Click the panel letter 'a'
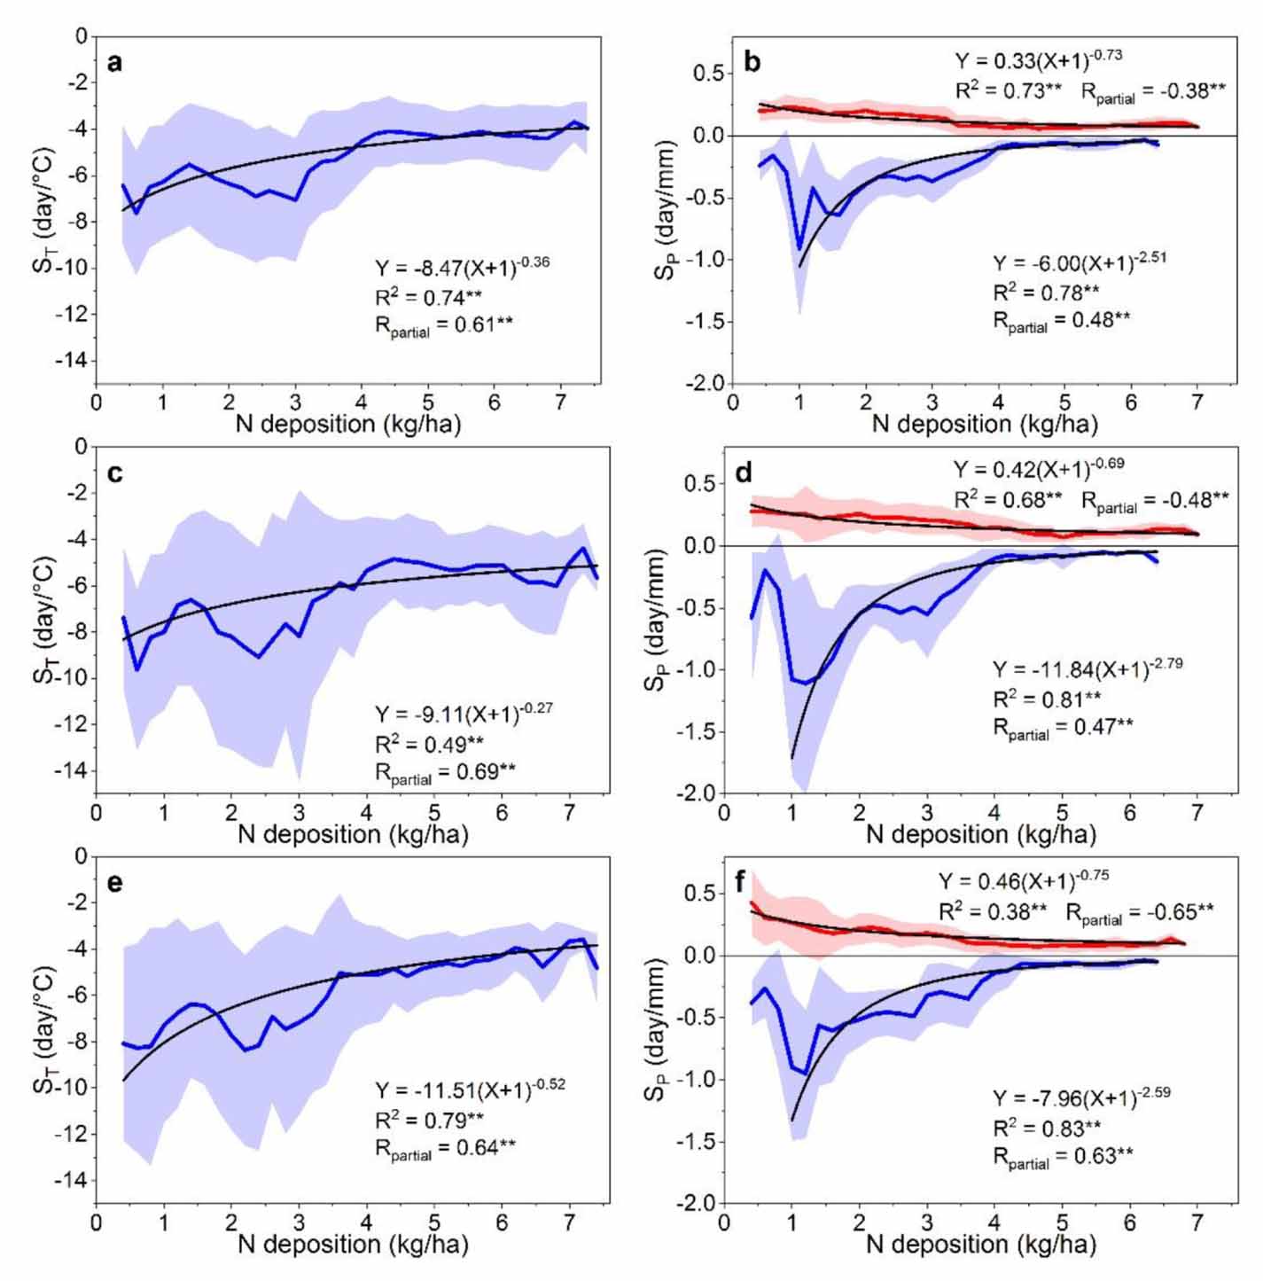(x=114, y=63)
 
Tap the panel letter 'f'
(x=741, y=882)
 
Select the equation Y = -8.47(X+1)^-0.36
(x=462, y=266)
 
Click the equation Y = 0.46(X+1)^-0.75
(x=1024, y=880)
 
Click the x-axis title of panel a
(x=348, y=425)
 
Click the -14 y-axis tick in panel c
(x=71, y=770)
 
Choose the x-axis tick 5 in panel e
(x=433, y=1222)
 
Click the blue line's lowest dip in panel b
(x=799, y=249)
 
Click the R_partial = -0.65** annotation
(x=1139, y=912)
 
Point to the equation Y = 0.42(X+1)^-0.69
(x=1039, y=470)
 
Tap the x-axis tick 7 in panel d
(x=1197, y=813)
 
